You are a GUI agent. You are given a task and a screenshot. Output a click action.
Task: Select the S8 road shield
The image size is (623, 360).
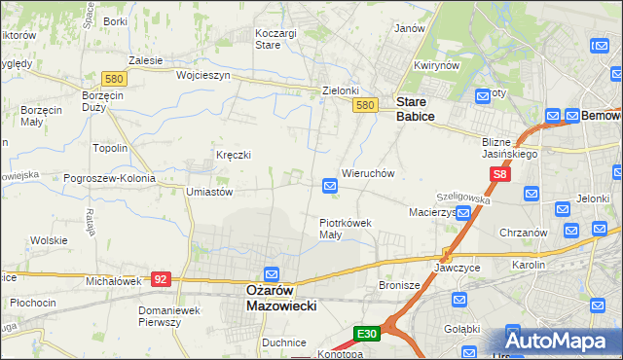(x=499, y=174)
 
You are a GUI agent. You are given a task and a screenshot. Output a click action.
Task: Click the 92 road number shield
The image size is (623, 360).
(x=162, y=278)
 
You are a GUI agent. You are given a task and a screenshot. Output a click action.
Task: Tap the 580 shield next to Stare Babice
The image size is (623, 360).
(x=365, y=105)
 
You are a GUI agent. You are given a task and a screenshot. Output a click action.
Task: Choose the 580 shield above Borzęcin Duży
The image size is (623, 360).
(x=113, y=78)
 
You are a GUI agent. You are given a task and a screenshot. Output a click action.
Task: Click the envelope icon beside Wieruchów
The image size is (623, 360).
(x=330, y=185)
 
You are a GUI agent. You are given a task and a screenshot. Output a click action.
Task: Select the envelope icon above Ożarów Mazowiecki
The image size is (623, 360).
(x=272, y=275)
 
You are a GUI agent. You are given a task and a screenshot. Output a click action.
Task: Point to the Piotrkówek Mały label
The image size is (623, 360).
(x=345, y=228)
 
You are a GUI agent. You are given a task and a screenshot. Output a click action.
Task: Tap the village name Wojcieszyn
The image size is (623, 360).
(x=202, y=75)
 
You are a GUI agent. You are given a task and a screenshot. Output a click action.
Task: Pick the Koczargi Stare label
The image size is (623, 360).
(x=275, y=38)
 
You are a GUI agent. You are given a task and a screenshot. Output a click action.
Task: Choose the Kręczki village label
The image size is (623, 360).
(x=234, y=155)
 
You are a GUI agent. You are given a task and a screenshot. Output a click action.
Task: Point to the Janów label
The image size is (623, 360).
(x=410, y=28)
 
